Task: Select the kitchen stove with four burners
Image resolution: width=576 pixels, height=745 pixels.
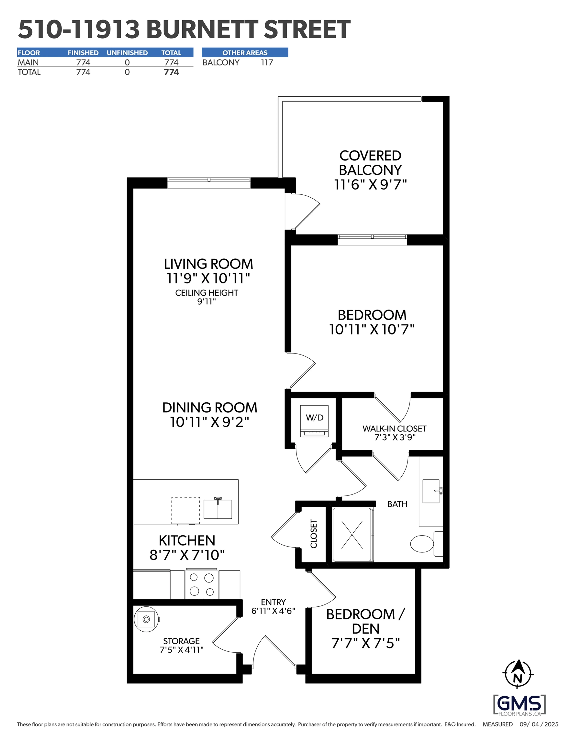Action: click(201, 584)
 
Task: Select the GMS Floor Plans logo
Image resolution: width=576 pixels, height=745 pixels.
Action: click(519, 705)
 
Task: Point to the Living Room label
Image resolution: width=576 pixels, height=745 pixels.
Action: click(208, 264)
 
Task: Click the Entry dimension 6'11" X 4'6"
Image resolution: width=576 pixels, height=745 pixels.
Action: click(273, 611)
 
